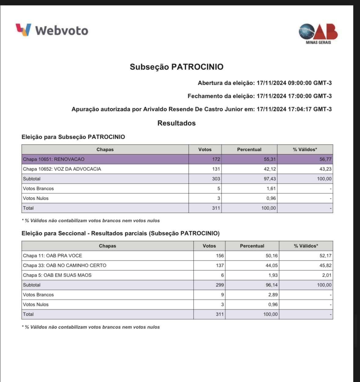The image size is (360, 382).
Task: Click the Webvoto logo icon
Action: point(24,30)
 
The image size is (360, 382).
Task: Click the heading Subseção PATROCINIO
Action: point(176,67)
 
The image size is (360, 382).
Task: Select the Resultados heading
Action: point(176,123)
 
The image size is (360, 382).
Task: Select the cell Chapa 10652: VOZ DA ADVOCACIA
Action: point(62,169)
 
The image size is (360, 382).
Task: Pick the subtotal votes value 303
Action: point(216,179)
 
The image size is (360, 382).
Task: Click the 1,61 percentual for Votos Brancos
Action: point(271,189)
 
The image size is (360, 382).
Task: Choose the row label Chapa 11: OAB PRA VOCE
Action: point(53,256)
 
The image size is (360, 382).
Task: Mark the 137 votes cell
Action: point(220,265)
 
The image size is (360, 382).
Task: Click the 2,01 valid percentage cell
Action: point(326,275)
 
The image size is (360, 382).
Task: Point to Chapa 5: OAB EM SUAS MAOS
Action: point(57,275)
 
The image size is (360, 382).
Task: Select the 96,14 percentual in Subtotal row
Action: point(271,285)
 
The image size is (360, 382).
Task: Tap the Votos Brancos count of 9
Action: point(222,295)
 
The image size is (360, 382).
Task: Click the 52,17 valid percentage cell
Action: point(325,256)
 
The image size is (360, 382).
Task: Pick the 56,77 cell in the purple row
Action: point(325,159)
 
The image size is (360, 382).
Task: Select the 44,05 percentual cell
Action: point(271,265)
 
